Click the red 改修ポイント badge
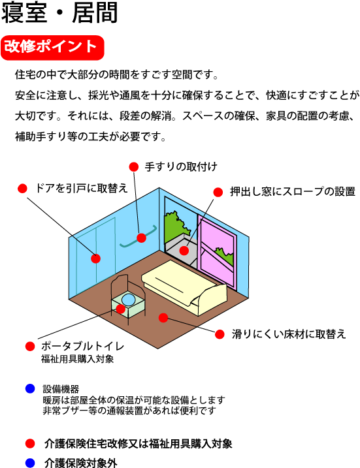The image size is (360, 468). [52, 48]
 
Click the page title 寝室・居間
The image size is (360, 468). [59, 13]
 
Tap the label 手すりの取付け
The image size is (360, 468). [181, 166]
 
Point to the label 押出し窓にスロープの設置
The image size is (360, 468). [293, 192]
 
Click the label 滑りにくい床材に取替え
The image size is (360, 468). [289, 334]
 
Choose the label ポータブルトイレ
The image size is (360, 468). [83, 346]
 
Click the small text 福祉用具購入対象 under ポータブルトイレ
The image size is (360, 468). [77, 359]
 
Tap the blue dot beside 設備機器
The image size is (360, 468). [30, 388]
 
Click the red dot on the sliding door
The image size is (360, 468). [95, 258]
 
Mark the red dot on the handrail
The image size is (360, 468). [141, 238]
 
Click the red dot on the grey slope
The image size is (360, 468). [184, 251]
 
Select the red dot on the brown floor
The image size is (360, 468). [163, 318]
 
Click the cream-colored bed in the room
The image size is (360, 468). [184, 287]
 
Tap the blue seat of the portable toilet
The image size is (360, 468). [129, 300]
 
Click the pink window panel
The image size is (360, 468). [217, 251]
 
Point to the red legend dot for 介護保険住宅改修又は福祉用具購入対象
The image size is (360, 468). [30, 444]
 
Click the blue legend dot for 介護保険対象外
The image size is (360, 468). [30, 463]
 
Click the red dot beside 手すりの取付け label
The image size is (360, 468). [134, 167]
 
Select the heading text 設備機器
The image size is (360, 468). [61, 389]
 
